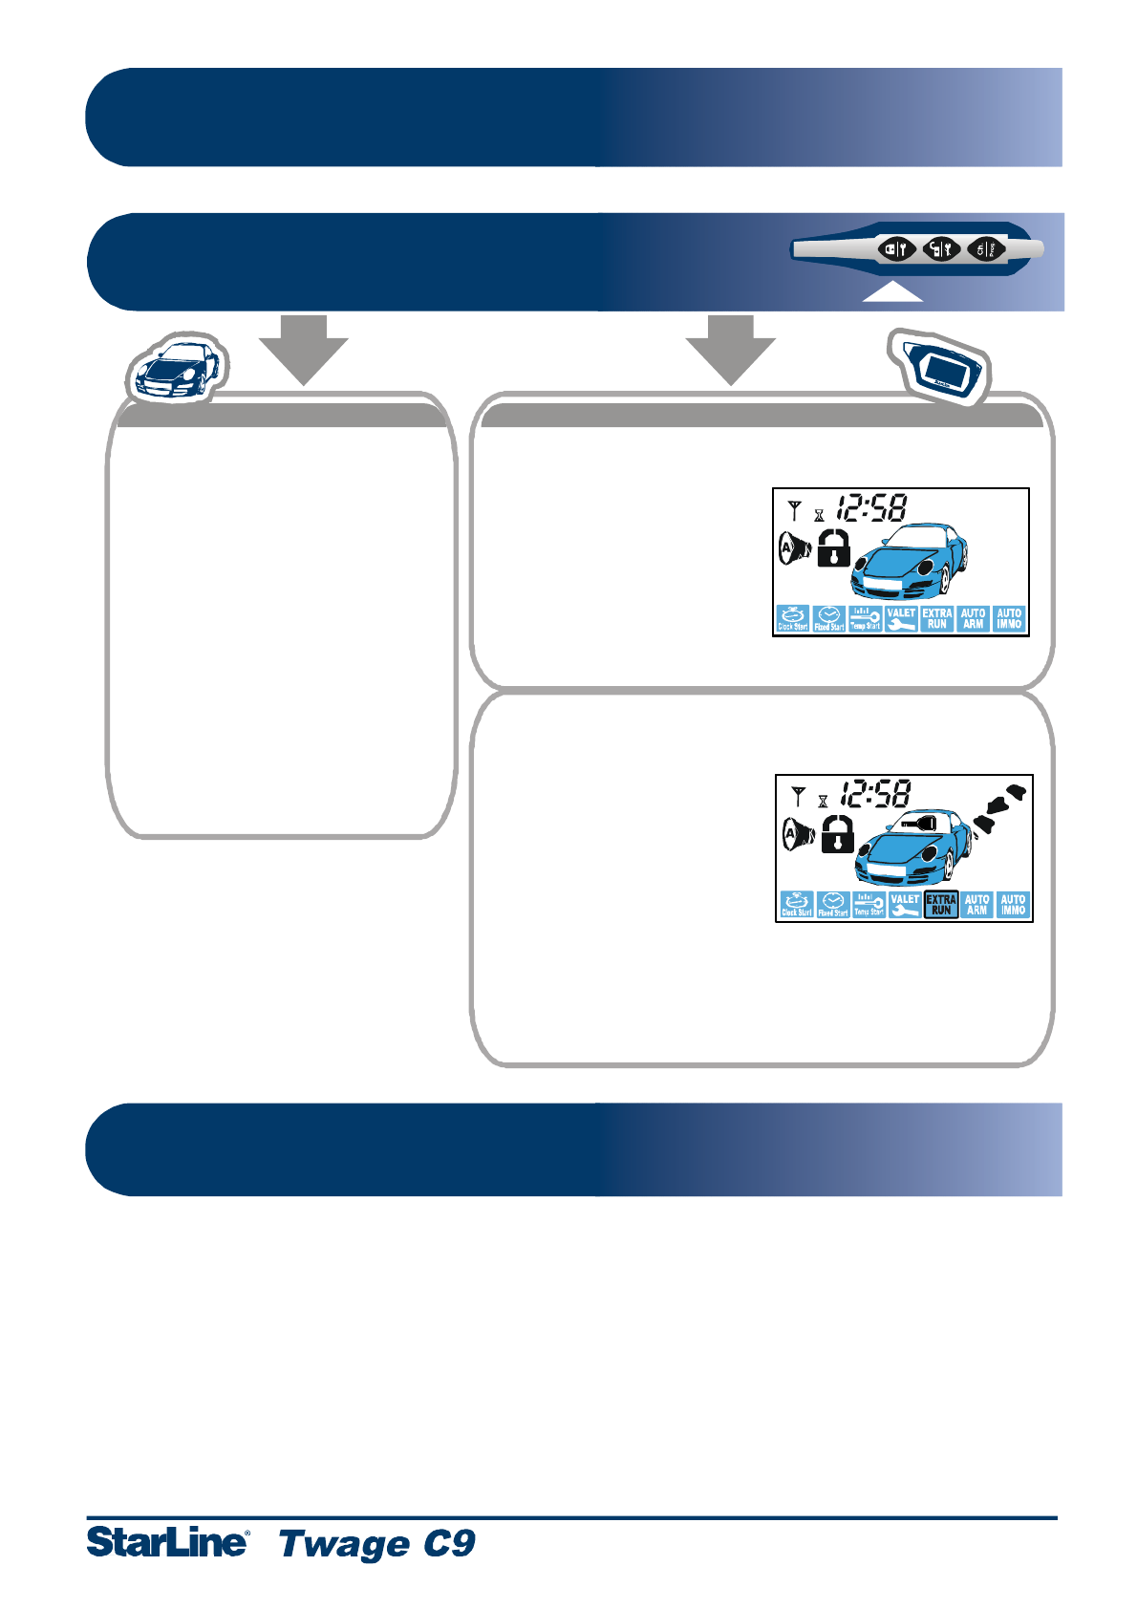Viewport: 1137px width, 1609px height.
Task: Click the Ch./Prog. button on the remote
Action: click(987, 249)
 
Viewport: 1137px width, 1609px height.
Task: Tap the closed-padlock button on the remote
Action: click(896, 249)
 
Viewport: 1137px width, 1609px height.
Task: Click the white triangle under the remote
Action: click(892, 293)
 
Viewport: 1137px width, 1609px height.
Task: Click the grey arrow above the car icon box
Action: click(304, 350)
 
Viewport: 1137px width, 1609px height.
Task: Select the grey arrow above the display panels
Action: click(731, 350)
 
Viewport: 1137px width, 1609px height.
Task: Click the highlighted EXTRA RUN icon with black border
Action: click(941, 905)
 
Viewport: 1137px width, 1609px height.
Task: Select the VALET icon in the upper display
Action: click(901, 619)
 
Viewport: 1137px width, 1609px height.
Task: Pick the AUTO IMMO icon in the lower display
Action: click(1013, 905)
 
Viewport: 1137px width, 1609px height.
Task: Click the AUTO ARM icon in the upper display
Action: click(973, 619)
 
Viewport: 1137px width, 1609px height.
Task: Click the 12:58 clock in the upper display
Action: click(872, 507)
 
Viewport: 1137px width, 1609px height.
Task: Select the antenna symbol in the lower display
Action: click(799, 795)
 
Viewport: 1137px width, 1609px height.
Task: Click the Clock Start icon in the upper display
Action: click(793, 619)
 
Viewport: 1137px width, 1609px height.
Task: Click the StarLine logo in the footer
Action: click(168, 1542)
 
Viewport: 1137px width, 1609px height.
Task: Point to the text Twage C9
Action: click(377, 1543)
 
